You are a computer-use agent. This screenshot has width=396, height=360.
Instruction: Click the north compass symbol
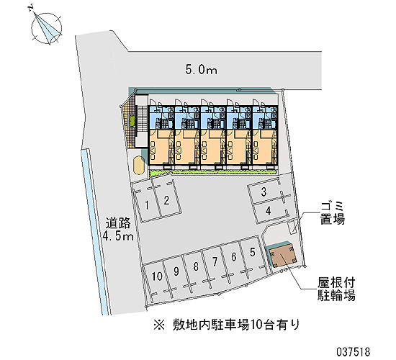click(46, 27)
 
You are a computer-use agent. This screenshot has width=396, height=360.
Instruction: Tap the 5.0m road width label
click(202, 69)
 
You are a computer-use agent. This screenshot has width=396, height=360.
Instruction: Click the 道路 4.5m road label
click(117, 230)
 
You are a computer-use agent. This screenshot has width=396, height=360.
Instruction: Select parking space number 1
click(147, 206)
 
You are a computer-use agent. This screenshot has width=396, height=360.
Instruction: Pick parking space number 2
click(166, 201)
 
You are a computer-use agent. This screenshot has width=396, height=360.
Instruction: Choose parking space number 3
click(264, 192)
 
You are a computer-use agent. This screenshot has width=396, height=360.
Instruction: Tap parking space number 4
click(269, 210)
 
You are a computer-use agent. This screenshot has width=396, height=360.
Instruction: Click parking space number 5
click(253, 252)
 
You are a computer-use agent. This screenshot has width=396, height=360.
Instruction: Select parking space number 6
click(233, 257)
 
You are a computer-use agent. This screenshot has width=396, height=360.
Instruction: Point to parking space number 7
click(215, 262)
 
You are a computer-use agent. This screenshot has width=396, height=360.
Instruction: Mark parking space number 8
click(196, 267)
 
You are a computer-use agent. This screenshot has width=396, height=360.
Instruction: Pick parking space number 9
click(176, 271)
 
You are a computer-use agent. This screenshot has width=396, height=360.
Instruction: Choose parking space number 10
click(157, 276)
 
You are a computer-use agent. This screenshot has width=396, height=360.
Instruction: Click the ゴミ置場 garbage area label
click(333, 214)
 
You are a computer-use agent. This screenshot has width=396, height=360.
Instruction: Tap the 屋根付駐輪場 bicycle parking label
click(336, 289)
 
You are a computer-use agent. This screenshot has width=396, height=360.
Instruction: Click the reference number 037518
click(354, 351)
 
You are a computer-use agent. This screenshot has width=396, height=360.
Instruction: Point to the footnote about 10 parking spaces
click(227, 325)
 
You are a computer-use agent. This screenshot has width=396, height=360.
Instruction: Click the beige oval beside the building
click(139, 165)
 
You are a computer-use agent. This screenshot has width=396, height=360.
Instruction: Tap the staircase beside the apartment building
click(142, 119)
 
